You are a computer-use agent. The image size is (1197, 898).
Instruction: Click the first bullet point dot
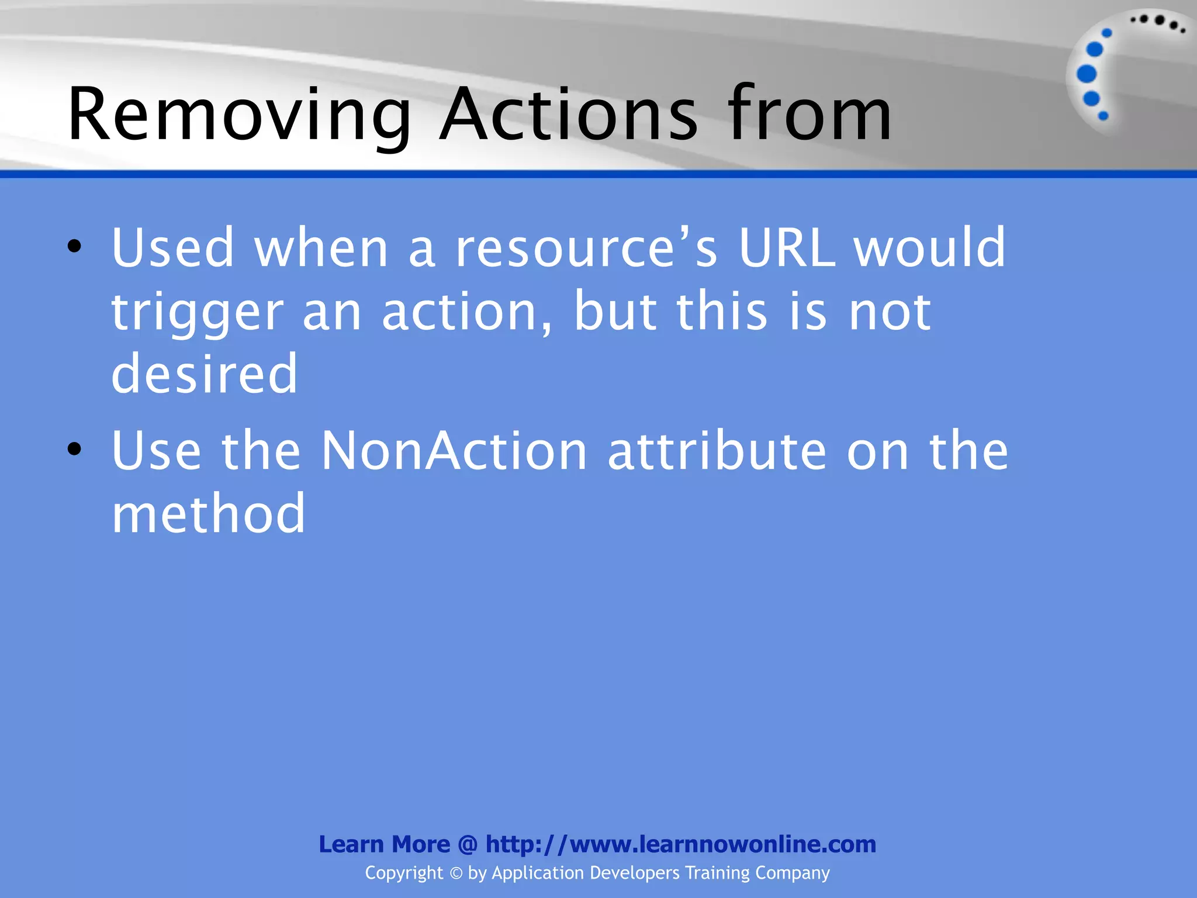click(x=74, y=246)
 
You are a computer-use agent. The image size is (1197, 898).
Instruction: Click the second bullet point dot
click(x=74, y=449)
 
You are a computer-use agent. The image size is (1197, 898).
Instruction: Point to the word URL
click(x=787, y=248)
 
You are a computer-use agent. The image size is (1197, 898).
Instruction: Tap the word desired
click(x=205, y=374)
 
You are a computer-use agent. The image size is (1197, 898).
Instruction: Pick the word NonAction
click(x=454, y=451)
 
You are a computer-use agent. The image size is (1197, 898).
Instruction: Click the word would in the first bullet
click(x=930, y=248)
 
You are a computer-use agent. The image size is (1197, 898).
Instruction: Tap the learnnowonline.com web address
click(x=681, y=844)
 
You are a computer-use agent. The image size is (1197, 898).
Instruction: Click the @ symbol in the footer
click(x=468, y=844)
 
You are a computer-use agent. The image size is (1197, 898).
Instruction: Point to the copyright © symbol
click(x=456, y=873)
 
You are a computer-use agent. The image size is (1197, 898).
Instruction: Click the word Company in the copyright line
click(x=792, y=873)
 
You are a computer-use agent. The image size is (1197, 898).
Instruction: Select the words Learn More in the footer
click(x=384, y=844)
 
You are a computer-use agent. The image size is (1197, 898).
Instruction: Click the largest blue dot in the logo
click(x=1087, y=74)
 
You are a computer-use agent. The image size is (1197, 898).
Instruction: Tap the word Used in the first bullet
click(x=173, y=248)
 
